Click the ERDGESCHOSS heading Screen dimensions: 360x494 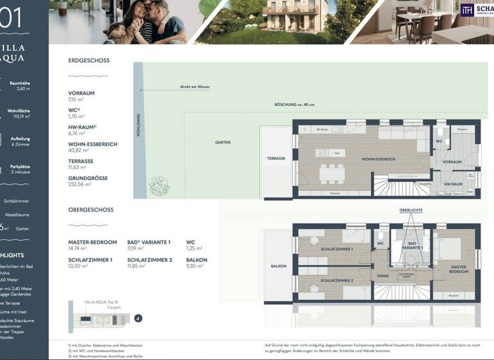tap(89, 60)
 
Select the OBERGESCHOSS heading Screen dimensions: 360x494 tap(91, 210)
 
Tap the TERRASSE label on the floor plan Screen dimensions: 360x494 tap(276, 158)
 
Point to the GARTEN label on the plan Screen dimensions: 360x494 tap(223, 142)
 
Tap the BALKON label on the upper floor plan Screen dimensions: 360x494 tap(278, 265)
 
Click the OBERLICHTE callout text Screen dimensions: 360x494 tap(410, 210)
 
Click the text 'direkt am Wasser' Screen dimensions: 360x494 tap(195, 87)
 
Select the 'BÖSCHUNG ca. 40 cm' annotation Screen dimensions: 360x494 tap(295, 105)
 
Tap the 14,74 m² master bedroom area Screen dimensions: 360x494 tap(78, 248)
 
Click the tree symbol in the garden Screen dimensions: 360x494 tap(159, 186)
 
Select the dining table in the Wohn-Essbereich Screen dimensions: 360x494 tap(333, 174)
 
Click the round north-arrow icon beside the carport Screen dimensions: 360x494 tap(138, 318)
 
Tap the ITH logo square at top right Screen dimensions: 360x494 tap(467, 10)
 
